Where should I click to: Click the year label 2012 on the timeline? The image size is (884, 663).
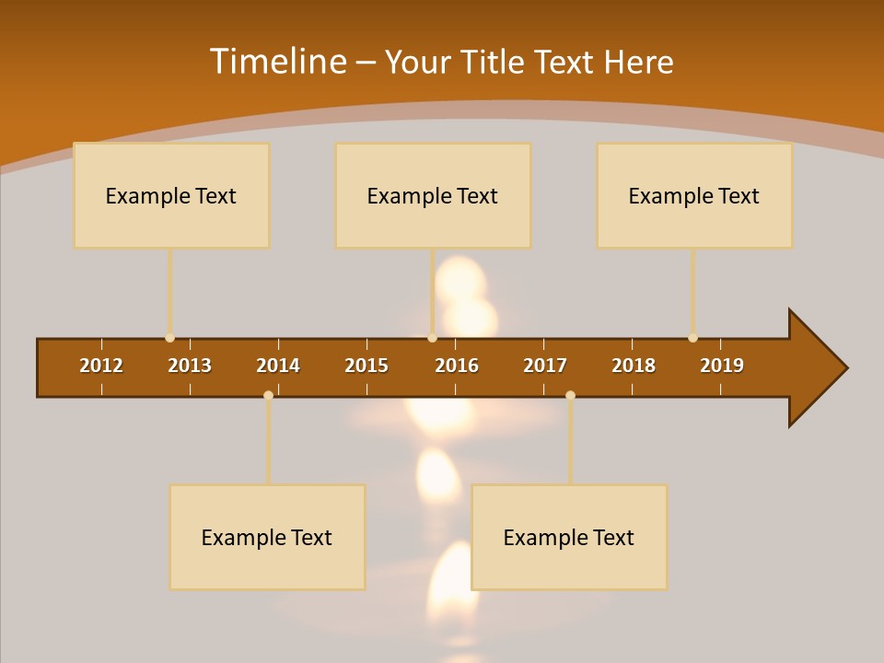(x=101, y=366)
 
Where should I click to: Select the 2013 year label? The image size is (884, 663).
(x=190, y=366)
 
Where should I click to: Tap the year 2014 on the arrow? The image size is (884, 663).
(x=278, y=366)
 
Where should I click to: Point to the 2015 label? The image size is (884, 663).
(x=366, y=366)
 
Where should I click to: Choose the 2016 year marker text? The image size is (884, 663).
(x=457, y=366)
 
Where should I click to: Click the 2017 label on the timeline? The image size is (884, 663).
(x=545, y=366)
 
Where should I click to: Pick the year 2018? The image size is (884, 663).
(x=634, y=366)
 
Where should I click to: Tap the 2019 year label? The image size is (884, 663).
(x=722, y=366)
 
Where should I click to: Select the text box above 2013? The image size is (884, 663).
(x=171, y=195)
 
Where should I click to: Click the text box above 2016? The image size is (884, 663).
(x=433, y=195)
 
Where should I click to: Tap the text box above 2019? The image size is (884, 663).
(x=694, y=195)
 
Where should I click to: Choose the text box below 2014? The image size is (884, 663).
(x=267, y=537)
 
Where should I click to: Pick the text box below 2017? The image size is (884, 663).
(x=569, y=537)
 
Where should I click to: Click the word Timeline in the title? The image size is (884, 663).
(x=277, y=62)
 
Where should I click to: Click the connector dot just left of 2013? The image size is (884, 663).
(x=169, y=338)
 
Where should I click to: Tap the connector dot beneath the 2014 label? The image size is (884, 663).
(x=268, y=395)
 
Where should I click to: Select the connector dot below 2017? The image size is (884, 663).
(x=570, y=395)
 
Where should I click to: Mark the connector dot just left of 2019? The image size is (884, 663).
(x=692, y=338)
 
